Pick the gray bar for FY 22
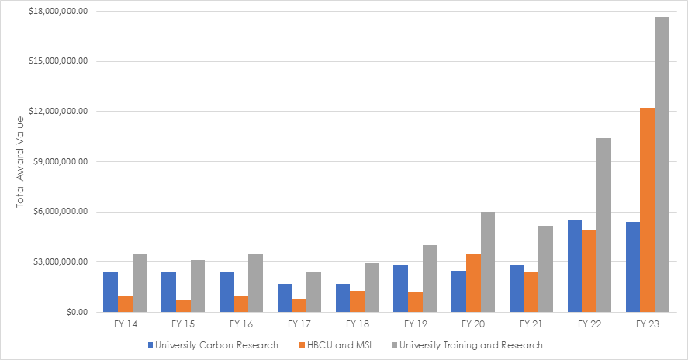coord(603,225)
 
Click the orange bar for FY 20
coord(472,282)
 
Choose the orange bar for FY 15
coord(183,306)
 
